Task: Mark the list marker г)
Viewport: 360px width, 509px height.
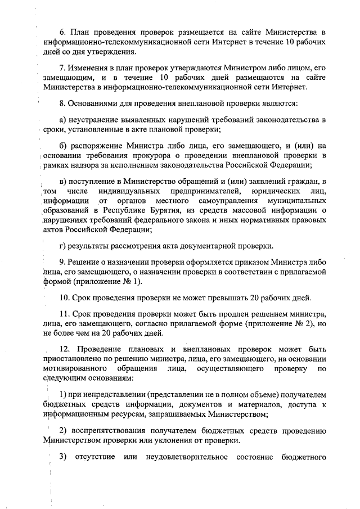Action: pos(62,246)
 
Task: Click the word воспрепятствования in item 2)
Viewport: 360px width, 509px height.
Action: pos(110,431)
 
